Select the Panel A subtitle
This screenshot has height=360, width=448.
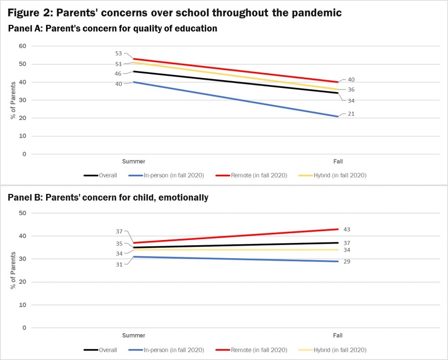[113, 29]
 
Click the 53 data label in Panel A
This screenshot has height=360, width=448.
[118, 54]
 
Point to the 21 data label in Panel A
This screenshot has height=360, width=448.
[351, 114]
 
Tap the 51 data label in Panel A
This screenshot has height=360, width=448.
[118, 64]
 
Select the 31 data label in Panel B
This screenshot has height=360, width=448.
[118, 264]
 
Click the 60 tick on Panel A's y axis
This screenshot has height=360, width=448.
[22, 46]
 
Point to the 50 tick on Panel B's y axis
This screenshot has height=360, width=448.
[22, 213]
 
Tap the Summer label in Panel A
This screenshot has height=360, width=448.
[133, 162]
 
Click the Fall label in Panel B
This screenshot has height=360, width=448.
[338, 336]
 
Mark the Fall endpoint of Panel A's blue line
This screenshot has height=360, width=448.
[338, 116]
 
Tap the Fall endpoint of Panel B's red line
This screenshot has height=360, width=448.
[338, 229]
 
